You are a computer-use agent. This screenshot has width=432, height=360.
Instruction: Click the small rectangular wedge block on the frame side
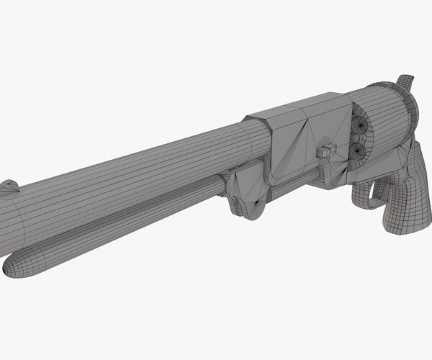tap(328, 150)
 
